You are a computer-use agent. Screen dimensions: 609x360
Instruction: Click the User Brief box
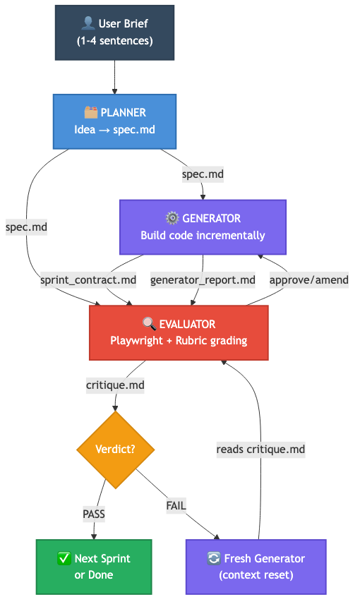pos(114,32)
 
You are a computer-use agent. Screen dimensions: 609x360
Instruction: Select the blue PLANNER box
pos(114,121)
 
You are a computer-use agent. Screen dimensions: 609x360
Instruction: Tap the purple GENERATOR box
pos(203,227)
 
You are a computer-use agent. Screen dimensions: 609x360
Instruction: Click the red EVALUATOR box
pos(179,332)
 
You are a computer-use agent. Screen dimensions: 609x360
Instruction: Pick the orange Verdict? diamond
pos(115,449)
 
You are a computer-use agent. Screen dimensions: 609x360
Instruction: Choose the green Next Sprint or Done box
pos(93,566)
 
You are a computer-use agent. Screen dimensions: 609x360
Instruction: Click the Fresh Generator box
pos(256,566)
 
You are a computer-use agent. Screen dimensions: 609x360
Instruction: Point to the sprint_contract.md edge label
pos(88,280)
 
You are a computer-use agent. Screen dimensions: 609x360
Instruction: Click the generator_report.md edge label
pos(203,280)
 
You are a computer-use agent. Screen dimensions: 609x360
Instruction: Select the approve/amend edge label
pos(309,280)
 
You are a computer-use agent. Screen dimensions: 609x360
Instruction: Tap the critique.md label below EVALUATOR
pos(114,385)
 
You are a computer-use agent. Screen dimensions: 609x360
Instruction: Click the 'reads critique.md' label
pos(260,449)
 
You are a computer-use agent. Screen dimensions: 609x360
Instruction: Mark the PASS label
pos(93,514)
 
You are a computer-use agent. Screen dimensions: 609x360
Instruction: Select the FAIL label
pos(176,505)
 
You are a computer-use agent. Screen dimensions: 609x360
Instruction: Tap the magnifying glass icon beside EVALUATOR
pos(149,325)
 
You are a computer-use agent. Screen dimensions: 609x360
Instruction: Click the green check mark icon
pos(64,558)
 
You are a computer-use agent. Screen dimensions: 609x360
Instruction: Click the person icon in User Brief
pos(88,25)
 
